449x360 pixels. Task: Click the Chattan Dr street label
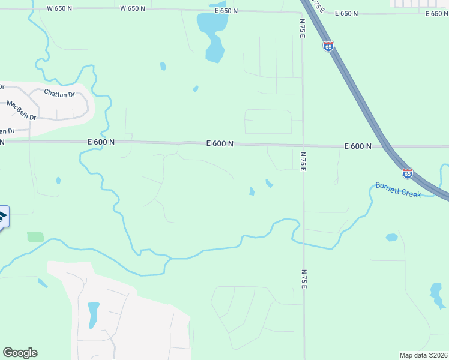click(59, 93)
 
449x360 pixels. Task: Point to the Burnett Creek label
click(398, 190)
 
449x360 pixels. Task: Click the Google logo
click(20, 353)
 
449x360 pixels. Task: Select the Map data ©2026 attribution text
click(423, 355)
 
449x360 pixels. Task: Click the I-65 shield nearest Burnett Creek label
click(408, 173)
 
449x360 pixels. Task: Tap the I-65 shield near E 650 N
click(328, 46)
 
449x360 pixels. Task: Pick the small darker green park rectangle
click(35, 236)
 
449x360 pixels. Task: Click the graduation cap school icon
click(3, 217)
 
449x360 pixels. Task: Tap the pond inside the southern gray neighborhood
click(93, 314)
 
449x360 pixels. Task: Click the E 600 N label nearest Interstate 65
click(358, 146)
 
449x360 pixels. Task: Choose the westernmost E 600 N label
click(100, 142)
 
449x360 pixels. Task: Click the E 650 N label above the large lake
click(224, 11)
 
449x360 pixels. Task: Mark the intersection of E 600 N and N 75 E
click(303, 145)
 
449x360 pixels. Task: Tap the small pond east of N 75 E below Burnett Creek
click(391, 238)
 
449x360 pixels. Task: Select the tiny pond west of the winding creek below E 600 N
click(58, 180)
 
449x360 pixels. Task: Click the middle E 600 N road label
click(219, 143)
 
